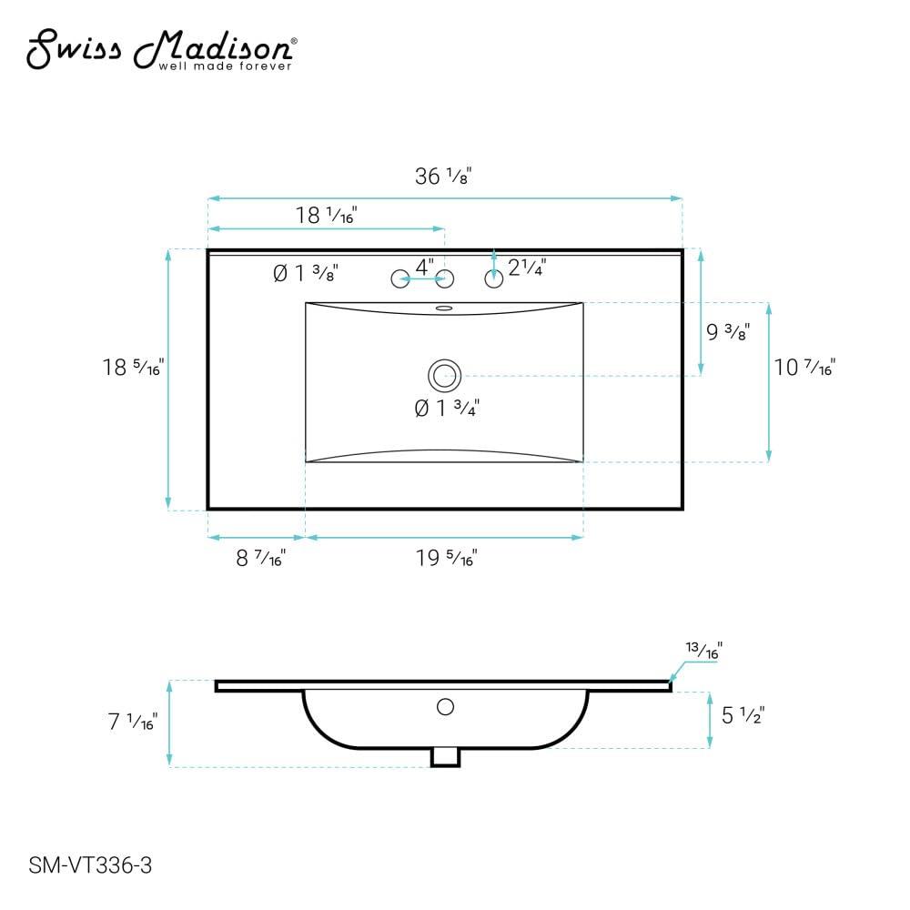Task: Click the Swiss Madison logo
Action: click(161, 49)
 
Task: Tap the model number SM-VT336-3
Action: click(90, 865)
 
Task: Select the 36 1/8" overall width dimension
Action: click(443, 176)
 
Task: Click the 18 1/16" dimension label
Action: click(326, 216)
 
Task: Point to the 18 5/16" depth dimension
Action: click(133, 368)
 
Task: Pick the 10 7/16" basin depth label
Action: click(804, 368)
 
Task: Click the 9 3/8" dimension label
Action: click(728, 332)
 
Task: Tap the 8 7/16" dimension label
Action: click(260, 559)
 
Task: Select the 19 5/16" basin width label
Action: click(446, 559)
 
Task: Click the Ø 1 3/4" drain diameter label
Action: click(447, 409)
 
